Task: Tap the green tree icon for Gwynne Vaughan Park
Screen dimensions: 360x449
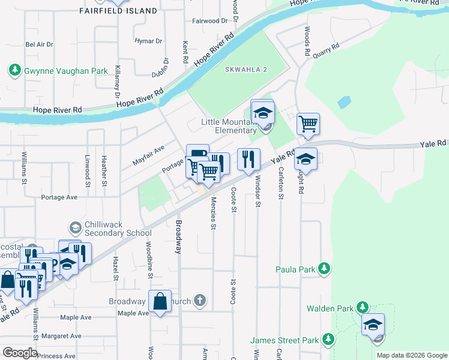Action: pyautogui.click(x=14, y=71)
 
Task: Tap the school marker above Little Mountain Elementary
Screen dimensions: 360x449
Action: pyautogui.click(x=262, y=112)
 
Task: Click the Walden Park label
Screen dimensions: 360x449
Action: pyautogui.click(x=330, y=308)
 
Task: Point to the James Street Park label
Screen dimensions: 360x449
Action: pyautogui.click(x=285, y=340)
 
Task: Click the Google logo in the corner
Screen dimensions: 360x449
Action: pyautogui.click(x=19, y=353)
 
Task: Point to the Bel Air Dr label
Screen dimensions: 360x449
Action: pyautogui.click(x=40, y=44)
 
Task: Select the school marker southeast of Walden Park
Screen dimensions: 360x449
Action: pyautogui.click(x=373, y=326)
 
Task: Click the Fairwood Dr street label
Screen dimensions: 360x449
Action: pyautogui.click(x=210, y=20)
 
